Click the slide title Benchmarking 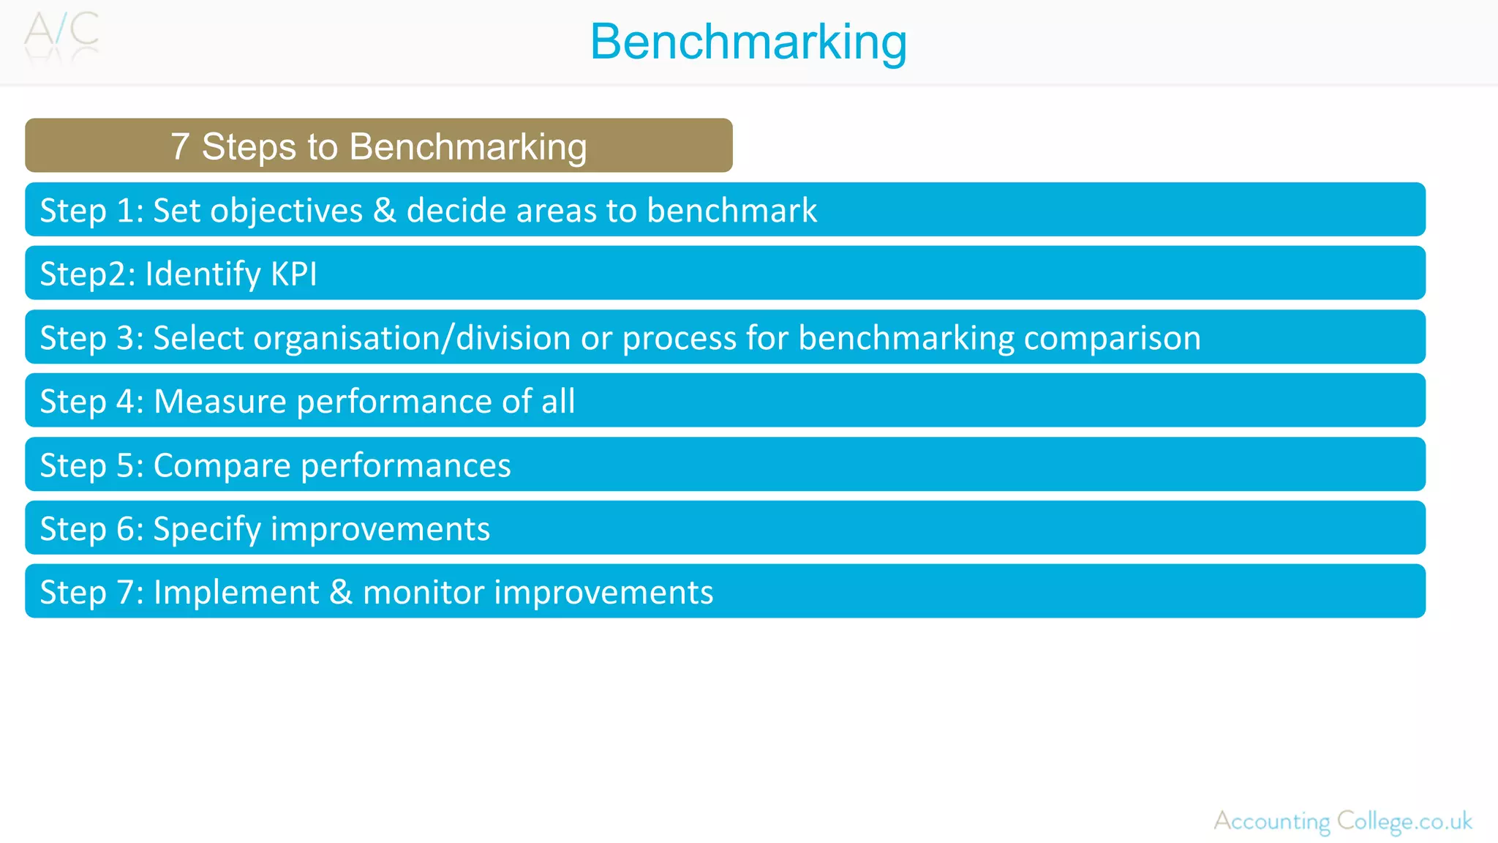click(748, 42)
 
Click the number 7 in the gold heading click(180, 146)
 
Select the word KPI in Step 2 click(294, 274)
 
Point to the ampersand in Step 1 click(385, 211)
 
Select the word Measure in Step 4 click(220, 401)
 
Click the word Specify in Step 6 click(207, 529)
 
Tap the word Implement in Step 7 click(236, 592)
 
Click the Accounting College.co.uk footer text click(1343, 821)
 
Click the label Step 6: click(91, 529)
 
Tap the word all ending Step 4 click(558, 401)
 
